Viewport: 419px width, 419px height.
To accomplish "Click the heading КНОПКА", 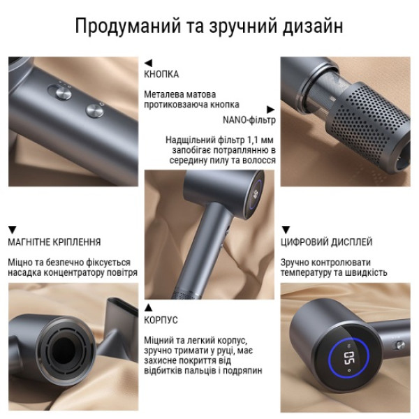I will point(161,74).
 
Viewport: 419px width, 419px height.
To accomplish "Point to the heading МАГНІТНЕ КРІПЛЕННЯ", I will point(54,242).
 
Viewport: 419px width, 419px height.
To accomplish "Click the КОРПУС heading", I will point(161,320).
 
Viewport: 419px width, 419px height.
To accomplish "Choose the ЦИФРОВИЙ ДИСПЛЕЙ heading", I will point(326,242).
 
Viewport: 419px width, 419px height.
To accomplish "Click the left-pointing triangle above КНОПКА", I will point(147,62).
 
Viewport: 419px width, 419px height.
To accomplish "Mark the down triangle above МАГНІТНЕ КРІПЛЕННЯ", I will point(12,230).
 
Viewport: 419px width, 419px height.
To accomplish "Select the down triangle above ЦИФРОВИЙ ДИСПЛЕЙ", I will point(285,230).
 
